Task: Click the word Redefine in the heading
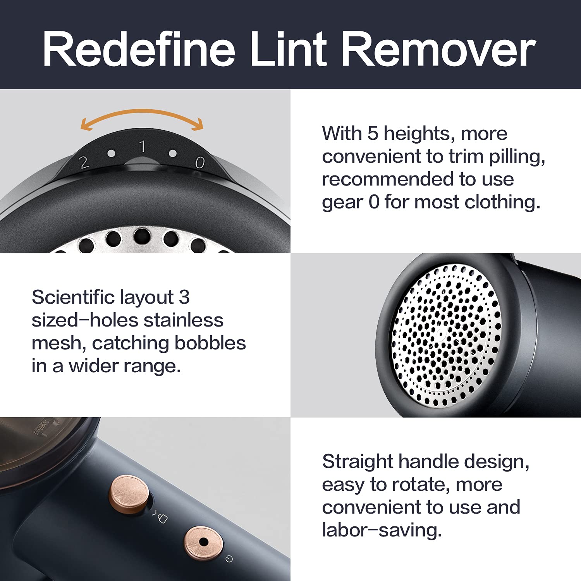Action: [139, 49]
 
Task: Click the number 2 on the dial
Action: [84, 162]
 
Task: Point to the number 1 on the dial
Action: [142, 146]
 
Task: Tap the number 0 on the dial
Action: [199, 162]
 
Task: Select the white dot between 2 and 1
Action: [111, 153]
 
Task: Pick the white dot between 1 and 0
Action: [173, 153]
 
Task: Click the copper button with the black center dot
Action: [203, 542]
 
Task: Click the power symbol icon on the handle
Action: [229, 559]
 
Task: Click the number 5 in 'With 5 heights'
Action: [373, 133]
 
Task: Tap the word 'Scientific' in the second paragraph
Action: [73, 297]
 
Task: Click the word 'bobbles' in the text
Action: [210, 343]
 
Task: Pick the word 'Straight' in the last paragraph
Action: [358, 462]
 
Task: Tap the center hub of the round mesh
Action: [441, 333]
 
